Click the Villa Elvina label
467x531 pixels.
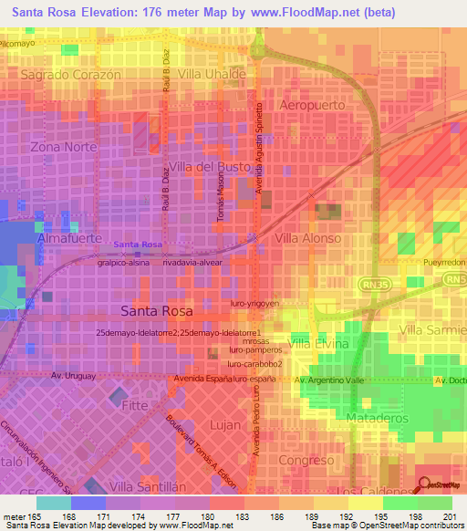pos(318,344)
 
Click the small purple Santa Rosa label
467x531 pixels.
pos(139,245)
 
